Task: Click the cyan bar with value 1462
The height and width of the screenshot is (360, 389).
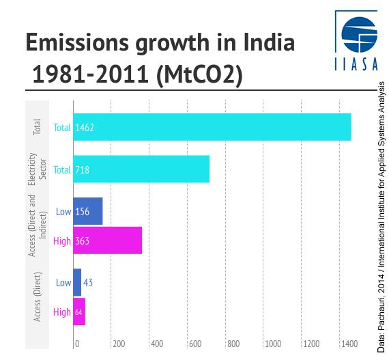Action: tap(212, 127)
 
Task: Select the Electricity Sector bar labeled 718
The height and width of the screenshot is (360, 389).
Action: tap(141, 169)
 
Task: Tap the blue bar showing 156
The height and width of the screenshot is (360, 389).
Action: tap(87, 211)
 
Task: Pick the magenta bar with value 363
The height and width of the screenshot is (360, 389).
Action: tap(107, 240)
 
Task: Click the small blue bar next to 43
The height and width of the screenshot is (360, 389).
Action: tap(77, 282)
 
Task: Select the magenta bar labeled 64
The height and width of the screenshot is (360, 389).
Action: tap(79, 311)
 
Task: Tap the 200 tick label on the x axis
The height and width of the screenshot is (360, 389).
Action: tap(119, 344)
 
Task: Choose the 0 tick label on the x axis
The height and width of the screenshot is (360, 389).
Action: tap(77, 344)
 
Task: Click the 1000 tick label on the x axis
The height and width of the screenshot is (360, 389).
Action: tap(273, 344)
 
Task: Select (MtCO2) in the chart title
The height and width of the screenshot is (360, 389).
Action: tap(199, 75)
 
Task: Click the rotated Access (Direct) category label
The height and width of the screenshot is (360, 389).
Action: tap(38, 296)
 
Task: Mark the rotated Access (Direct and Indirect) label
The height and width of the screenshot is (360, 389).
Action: tap(37, 226)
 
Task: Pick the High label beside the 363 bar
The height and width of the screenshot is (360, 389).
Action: tap(62, 241)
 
